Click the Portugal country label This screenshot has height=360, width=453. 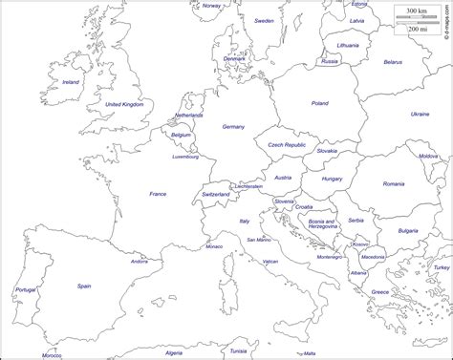tap(26, 288)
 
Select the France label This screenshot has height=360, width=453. tap(158, 194)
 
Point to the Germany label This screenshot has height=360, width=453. tap(233, 126)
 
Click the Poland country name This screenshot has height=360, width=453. tap(319, 103)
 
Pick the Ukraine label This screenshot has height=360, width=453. tap(420, 114)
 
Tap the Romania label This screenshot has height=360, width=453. tap(394, 183)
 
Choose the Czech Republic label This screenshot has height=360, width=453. tap(287, 145)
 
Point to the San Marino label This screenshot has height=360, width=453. tap(258, 239)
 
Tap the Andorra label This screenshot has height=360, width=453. tap(140, 261)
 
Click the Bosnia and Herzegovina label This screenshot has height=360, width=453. tap(322, 224)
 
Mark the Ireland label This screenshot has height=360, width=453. tap(71, 82)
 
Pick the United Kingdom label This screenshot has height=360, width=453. tap(124, 103)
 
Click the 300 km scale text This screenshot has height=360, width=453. tap(416, 11)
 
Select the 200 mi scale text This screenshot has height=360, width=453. tap(418, 29)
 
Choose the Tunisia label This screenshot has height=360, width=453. tap(238, 351)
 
